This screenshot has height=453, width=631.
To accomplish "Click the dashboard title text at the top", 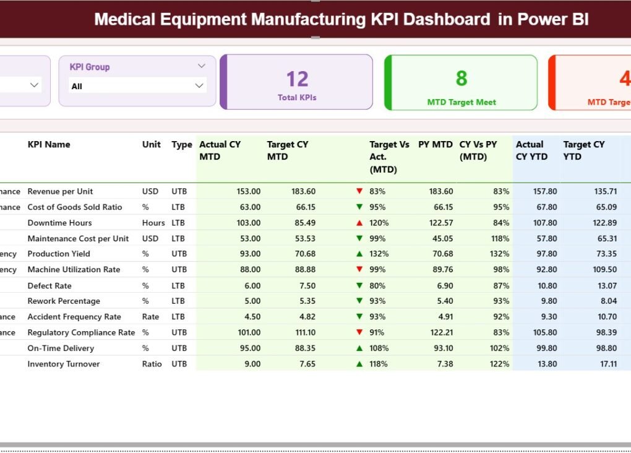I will [341, 19].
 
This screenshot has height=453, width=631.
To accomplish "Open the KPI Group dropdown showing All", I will [137, 86].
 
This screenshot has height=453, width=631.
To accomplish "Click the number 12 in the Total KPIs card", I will [297, 79].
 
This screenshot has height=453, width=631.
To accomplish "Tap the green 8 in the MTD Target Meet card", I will [461, 78].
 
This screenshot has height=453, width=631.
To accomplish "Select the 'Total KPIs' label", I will [297, 97].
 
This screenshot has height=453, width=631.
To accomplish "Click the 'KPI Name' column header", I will [49, 144].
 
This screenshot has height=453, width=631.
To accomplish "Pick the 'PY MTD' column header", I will [435, 144].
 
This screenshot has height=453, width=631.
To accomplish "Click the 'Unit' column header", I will [151, 144].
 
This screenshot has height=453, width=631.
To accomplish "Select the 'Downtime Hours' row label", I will [59, 223].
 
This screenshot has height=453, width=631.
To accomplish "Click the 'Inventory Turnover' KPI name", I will [63, 364].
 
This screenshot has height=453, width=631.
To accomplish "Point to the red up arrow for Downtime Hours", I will [359, 223].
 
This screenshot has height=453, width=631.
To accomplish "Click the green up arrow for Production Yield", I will [359, 254].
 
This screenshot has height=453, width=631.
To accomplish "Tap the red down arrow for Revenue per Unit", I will [359, 191].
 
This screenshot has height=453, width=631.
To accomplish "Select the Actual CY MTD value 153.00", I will [248, 191].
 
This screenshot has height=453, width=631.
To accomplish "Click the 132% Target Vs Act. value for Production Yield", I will [379, 254].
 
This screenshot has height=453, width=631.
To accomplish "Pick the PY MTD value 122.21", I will [440, 332].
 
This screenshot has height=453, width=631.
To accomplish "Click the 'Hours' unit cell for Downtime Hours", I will [153, 223].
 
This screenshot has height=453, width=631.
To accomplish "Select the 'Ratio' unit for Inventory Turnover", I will [152, 364].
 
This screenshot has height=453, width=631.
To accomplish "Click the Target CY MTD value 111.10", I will [303, 332].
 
